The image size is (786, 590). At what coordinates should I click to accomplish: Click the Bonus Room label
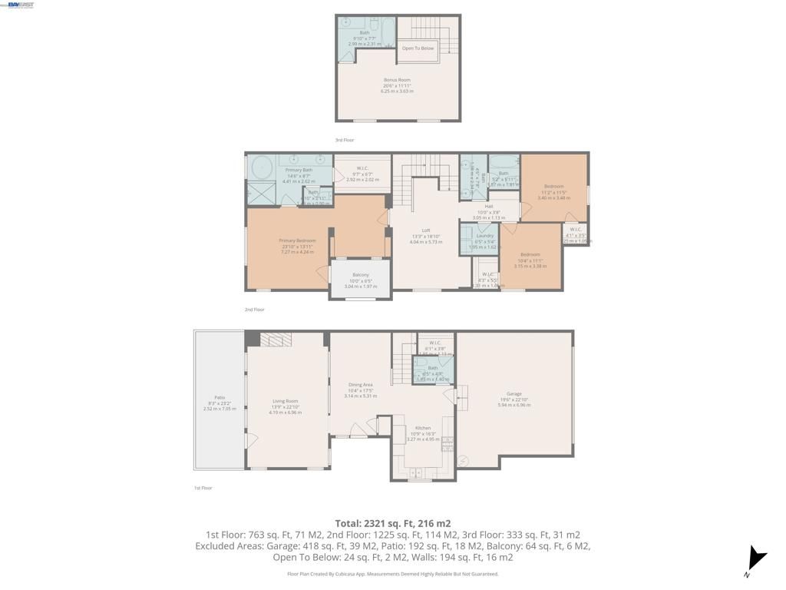click(x=397, y=80)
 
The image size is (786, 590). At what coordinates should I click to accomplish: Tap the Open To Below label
click(x=418, y=48)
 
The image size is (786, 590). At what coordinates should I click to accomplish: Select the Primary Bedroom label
click(x=297, y=240)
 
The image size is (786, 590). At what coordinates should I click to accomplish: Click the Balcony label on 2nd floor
click(x=360, y=275)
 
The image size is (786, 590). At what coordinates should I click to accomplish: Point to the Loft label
click(x=425, y=230)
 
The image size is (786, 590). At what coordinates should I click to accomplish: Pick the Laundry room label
click(x=484, y=236)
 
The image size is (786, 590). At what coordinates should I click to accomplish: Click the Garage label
click(x=514, y=394)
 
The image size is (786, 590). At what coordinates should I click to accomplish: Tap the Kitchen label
click(x=423, y=428)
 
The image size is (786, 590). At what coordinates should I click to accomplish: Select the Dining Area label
click(x=360, y=385)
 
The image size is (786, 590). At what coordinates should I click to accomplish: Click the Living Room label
click(x=285, y=401)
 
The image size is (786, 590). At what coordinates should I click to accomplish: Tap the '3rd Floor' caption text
click(x=345, y=140)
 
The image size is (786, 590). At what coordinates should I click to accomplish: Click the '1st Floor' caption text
click(x=203, y=488)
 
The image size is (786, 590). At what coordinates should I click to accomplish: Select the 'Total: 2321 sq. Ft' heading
click(x=392, y=523)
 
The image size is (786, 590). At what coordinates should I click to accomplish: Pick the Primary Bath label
click(x=299, y=170)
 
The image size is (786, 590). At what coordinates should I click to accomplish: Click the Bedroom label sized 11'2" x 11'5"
click(x=553, y=187)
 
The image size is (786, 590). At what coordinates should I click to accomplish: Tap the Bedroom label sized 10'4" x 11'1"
click(x=530, y=254)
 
